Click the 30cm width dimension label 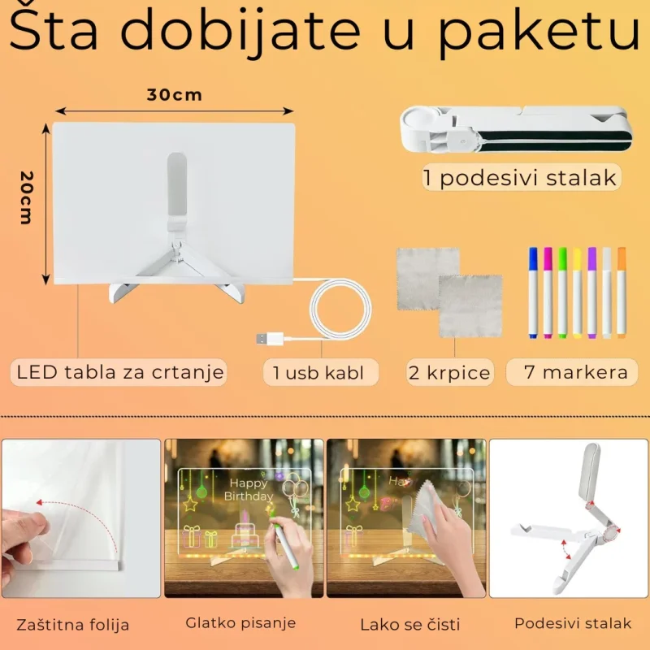[x=175, y=95]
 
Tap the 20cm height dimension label [x=27, y=197]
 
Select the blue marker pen [x=533, y=292]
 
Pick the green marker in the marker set [x=562, y=292]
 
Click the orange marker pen [x=621, y=292]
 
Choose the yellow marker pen [x=577, y=292]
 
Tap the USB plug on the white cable [x=270, y=339]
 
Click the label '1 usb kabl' [x=318, y=373]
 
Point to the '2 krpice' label [x=449, y=373]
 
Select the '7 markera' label [x=576, y=372]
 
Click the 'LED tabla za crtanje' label [x=120, y=372]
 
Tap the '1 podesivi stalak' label [x=520, y=178]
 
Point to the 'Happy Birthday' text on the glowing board [x=248, y=490]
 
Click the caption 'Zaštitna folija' [x=72, y=624]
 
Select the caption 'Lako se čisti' [x=410, y=624]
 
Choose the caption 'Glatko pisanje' [x=240, y=623]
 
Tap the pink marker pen [x=548, y=292]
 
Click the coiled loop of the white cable [x=340, y=310]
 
